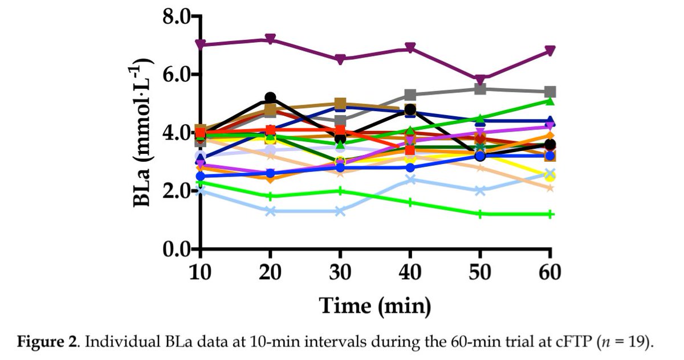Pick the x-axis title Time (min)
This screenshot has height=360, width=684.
pyautogui.click(x=374, y=306)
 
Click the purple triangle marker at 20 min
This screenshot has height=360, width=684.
pyautogui.click(x=270, y=39)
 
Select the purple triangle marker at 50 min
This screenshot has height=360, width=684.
pyautogui.click(x=480, y=80)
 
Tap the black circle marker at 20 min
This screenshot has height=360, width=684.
pyautogui.click(x=270, y=98)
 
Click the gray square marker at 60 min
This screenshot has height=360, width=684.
pyautogui.click(x=550, y=92)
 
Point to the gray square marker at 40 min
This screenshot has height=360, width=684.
pyautogui.click(x=410, y=95)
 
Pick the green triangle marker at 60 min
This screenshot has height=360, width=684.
pyautogui.click(x=550, y=101)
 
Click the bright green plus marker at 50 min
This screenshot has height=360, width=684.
pyautogui.click(x=480, y=214)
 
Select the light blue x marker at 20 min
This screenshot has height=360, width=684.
pyautogui.click(x=270, y=211)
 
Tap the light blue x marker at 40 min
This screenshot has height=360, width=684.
pyautogui.click(x=410, y=180)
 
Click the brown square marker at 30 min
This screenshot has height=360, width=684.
pyautogui.click(x=340, y=104)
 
